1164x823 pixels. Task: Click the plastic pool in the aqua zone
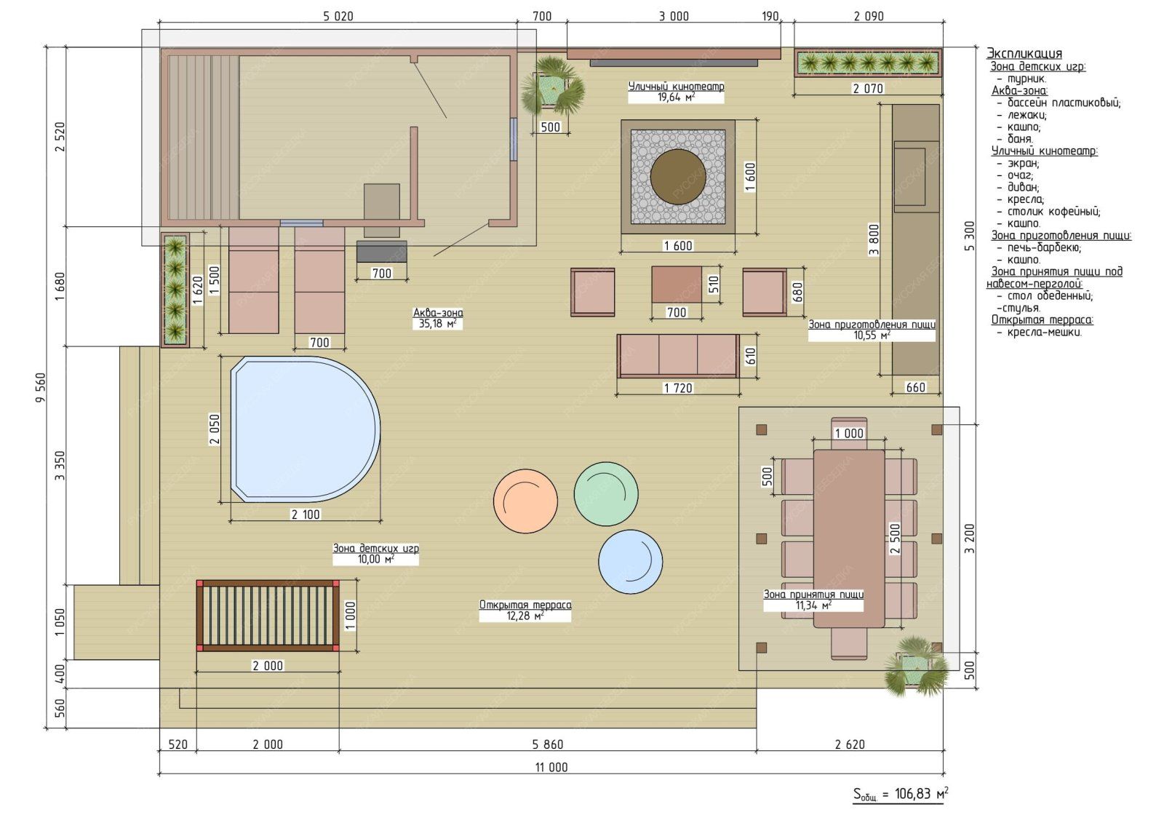pos(306,429)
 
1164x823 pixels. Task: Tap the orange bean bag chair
pos(525,501)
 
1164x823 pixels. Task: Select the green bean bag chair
pos(606,494)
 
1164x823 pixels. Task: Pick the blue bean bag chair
pos(630,562)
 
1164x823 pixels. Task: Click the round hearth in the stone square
pos(677,176)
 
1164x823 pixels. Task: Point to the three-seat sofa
pos(678,356)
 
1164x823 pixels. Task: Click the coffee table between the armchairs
pos(677,284)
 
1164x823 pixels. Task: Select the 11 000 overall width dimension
pos(551,767)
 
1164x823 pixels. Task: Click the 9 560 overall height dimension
pos(41,387)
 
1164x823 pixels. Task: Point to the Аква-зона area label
pos(438,318)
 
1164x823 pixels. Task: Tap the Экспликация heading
pos(1024,54)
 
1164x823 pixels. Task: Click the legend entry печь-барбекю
pos(1044,247)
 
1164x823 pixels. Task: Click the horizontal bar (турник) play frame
pos(268,616)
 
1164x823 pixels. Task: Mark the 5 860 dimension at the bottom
pos(548,744)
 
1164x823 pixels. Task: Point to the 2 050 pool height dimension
pos(215,429)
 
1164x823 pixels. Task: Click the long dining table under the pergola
pos(848,538)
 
